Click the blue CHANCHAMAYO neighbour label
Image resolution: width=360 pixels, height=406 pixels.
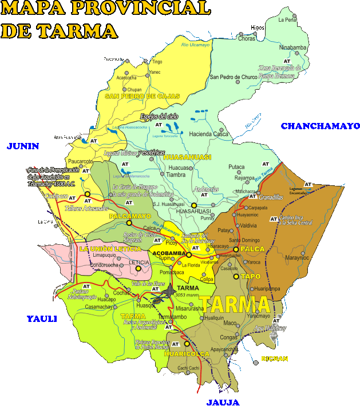click(x=320, y=126)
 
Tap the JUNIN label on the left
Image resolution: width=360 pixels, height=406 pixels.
click(x=23, y=146)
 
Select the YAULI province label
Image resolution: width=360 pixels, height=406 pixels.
click(x=42, y=319)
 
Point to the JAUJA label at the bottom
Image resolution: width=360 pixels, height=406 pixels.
click(x=223, y=401)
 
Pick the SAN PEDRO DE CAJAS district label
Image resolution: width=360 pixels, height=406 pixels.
click(x=142, y=96)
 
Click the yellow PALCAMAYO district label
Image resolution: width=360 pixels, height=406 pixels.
click(x=130, y=216)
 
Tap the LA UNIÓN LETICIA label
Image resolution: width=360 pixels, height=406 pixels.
click(x=110, y=249)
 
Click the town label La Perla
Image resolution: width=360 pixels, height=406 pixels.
click(x=287, y=19)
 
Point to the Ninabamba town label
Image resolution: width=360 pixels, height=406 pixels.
click(x=293, y=47)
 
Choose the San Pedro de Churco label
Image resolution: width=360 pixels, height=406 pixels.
click(x=234, y=77)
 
